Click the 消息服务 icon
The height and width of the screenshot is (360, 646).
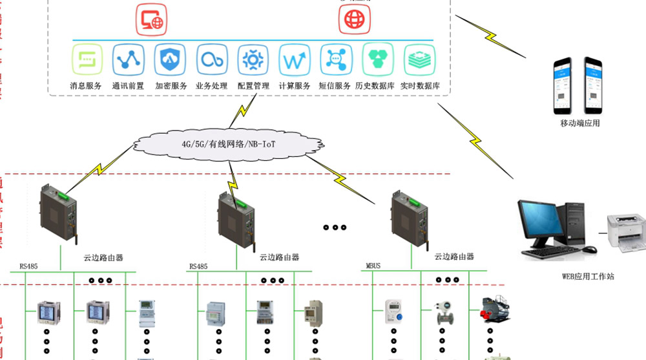pyautogui.click(x=86, y=61)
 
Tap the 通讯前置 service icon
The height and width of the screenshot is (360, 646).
pyautogui.click(x=128, y=61)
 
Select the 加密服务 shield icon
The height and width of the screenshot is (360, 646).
pyautogui.click(x=170, y=61)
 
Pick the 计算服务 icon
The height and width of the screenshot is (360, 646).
pyautogui.click(x=295, y=61)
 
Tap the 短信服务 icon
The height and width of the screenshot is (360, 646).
pyautogui.click(x=335, y=61)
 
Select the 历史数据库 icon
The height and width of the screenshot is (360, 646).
pyautogui.click(x=378, y=61)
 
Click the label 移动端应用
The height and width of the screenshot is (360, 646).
pyautogui.click(x=579, y=123)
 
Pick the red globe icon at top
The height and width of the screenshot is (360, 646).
pyautogui.click(x=355, y=19)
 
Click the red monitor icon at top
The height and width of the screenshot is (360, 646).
pyautogui.click(x=152, y=19)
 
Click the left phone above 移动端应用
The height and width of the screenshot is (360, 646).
pyautogui.click(x=563, y=85)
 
